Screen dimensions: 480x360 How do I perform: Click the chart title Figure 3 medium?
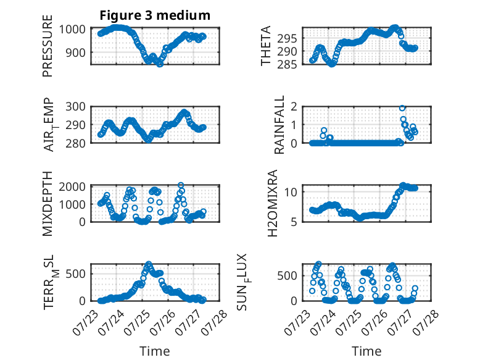point(155,15)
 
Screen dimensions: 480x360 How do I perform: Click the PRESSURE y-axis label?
point(48,46)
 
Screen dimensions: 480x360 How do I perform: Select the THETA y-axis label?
point(266,46)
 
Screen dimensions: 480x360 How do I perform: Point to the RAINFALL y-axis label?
point(279,125)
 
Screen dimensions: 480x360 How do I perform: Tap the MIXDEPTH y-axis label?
point(48,204)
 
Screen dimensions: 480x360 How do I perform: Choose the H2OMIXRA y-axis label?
point(272,203)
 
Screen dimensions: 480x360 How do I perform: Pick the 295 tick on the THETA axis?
point(287,39)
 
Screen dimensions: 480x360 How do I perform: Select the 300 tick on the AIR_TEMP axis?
point(75,107)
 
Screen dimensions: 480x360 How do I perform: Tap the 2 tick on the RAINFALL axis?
point(294,107)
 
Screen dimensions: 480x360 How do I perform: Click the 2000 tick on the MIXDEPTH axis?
point(72,186)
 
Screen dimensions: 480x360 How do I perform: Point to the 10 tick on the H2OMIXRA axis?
point(291,192)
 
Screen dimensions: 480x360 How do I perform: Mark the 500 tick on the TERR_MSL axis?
point(75,274)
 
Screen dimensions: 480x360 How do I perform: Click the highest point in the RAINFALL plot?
point(402,108)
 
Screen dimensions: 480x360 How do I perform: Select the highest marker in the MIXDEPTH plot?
point(181,185)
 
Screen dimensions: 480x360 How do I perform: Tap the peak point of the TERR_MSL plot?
point(149,264)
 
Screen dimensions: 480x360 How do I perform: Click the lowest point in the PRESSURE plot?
point(160,64)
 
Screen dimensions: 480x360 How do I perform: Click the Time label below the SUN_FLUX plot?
point(366,351)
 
